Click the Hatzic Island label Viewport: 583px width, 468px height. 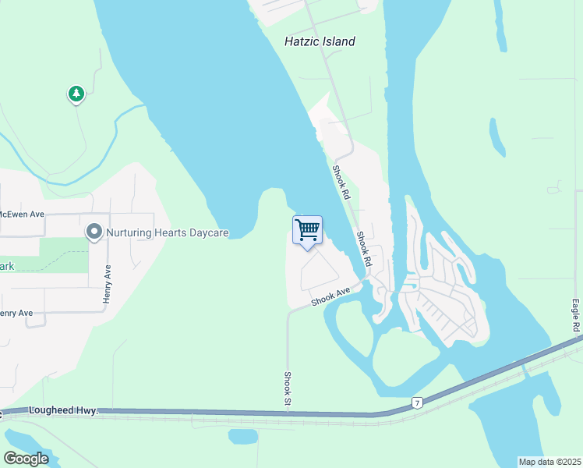tap(320, 41)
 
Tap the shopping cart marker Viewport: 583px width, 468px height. tap(307, 230)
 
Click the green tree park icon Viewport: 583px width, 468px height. tap(76, 94)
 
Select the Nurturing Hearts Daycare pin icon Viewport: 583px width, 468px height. tap(94, 232)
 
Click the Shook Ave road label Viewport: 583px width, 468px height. tap(331, 297)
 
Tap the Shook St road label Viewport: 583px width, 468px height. tap(287, 387)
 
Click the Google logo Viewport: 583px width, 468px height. tap(26, 458)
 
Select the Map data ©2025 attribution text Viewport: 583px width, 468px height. tap(549, 462)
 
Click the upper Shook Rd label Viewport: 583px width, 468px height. tap(340, 181)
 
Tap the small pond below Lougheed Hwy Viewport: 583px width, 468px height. tap(242, 435)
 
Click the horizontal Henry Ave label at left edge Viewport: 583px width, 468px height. tap(16, 313)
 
